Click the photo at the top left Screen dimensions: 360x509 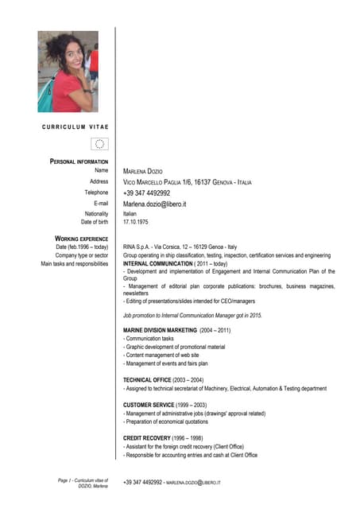68,72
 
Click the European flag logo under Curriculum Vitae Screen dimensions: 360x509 99,144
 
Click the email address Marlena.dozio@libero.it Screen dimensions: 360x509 154,204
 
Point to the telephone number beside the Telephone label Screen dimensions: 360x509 146,193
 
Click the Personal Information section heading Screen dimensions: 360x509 79,161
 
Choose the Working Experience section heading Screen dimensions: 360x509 81,238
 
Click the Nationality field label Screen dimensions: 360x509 95,214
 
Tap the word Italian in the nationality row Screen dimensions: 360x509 130,214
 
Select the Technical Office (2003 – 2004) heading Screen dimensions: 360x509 163,379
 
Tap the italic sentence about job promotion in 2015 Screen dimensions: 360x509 192,315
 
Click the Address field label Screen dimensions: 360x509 99,181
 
